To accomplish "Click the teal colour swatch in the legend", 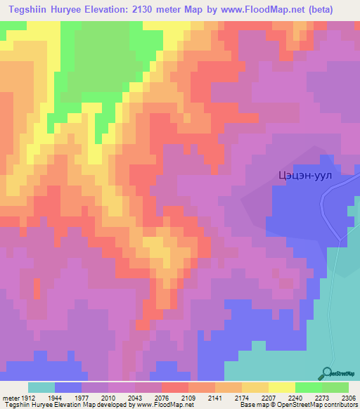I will [41, 387].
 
